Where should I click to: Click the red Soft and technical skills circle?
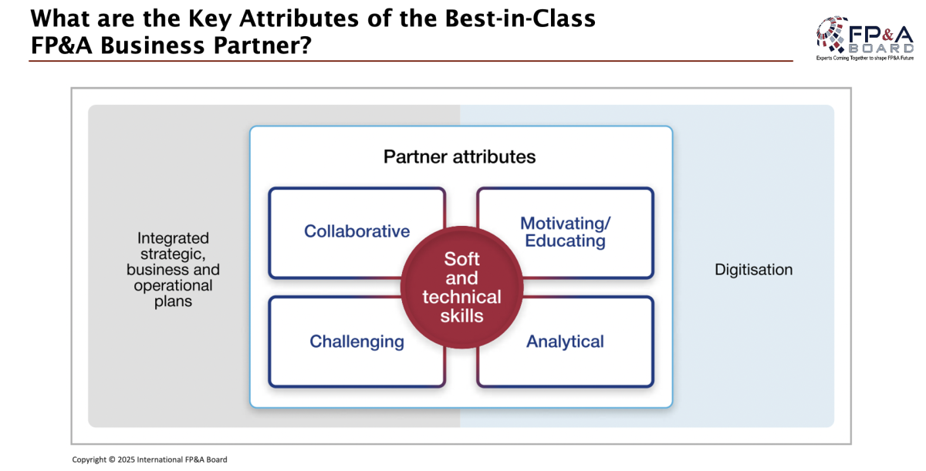pos(461,288)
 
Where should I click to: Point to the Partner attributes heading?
pos(459,156)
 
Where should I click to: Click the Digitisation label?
pos(754,270)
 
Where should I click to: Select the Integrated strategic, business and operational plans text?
pos(173,270)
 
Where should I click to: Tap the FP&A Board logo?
pos(865,38)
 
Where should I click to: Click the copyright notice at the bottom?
pos(150,459)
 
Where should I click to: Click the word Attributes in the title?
pos(299,19)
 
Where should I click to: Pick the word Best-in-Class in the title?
pos(520,19)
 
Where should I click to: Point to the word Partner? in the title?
pos(262,45)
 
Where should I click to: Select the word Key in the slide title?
pos(209,19)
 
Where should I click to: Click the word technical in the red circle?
pos(461,297)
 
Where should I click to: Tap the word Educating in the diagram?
pos(565,241)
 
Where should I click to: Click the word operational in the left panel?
pos(173,286)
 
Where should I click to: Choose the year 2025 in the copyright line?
pos(126,459)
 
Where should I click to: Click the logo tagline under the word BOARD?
pos(865,59)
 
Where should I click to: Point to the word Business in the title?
pos(153,45)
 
